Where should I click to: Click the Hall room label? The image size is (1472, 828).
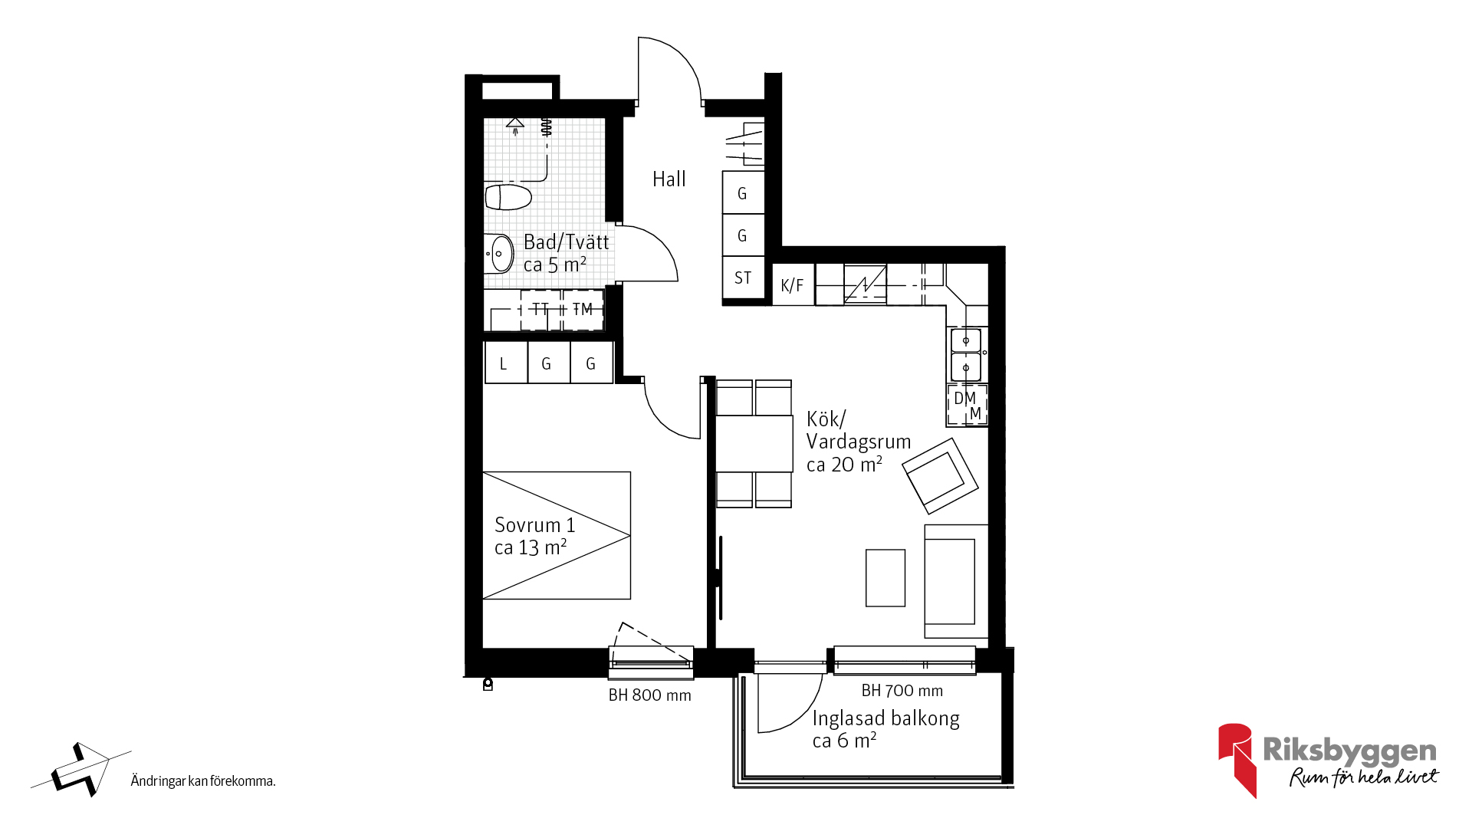point(669,179)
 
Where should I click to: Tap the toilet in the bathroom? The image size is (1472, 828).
point(508,196)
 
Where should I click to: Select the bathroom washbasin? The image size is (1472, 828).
point(499,253)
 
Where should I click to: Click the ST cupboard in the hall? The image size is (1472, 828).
point(743,278)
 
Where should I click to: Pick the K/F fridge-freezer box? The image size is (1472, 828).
point(793,285)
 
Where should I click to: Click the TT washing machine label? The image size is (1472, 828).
point(540,309)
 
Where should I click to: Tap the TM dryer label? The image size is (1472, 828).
point(583,309)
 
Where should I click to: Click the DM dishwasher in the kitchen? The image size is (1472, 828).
point(967,406)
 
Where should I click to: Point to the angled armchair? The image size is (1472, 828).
point(940,476)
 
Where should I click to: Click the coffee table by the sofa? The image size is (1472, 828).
point(886,578)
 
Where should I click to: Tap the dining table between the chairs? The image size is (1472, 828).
point(754,444)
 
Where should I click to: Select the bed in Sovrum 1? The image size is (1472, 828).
point(557,535)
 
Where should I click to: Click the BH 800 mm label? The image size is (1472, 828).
point(649,695)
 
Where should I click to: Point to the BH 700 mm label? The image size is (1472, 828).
point(902,691)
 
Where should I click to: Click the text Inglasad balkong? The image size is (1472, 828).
point(886,718)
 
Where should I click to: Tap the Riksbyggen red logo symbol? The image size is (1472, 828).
point(1237,760)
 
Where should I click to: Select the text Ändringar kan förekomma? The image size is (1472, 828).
point(203,781)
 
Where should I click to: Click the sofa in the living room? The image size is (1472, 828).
point(955,581)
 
